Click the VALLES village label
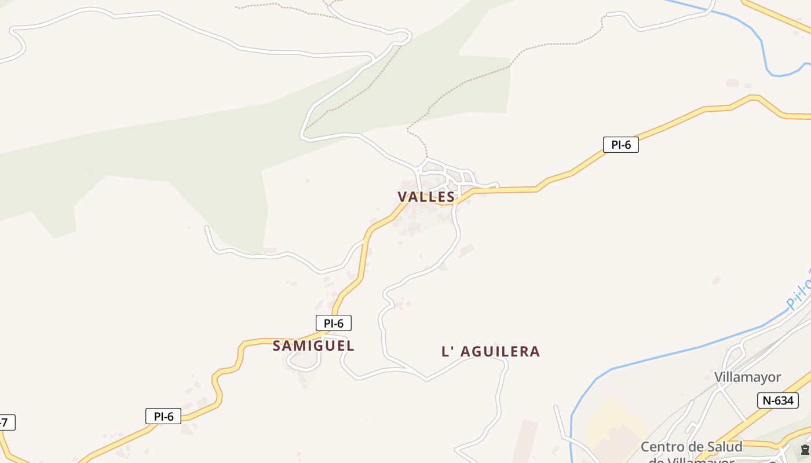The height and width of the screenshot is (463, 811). [x=426, y=197]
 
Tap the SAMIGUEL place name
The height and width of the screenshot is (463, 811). [x=313, y=346]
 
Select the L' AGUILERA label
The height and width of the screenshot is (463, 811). [x=491, y=351]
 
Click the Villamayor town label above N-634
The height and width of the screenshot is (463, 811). [x=747, y=377]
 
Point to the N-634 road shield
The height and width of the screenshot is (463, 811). [x=777, y=400]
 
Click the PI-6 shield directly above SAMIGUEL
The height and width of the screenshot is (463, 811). [x=333, y=323]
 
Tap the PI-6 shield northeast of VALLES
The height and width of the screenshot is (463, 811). [x=620, y=145]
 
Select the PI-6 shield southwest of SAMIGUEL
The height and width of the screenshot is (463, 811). [x=163, y=416]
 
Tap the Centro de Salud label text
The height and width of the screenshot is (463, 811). [x=691, y=447]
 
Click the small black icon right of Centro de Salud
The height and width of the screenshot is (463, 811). [x=805, y=450]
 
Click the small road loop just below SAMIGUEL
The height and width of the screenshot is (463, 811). [x=304, y=362]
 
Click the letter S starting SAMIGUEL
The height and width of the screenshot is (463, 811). [x=277, y=346]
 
